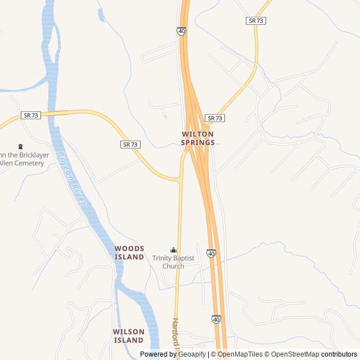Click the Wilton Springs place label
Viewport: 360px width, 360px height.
[x=197, y=138]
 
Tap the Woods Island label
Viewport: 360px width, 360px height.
[x=129, y=253]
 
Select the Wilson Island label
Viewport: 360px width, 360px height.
[x=129, y=336]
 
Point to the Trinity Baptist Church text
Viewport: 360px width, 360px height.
[x=173, y=262]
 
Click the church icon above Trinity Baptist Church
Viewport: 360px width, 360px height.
[x=173, y=250]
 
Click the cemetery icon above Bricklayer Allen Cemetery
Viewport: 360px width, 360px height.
[x=21, y=146]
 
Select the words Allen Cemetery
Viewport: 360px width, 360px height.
[x=22, y=163]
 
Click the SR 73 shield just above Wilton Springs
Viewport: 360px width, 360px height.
[x=215, y=118]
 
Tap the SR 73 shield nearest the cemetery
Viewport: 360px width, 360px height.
[x=31, y=115]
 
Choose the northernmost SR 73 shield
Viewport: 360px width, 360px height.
[x=256, y=21]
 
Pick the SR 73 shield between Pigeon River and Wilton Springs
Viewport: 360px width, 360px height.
[x=130, y=145]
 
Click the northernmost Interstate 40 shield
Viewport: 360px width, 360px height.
[x=181, y=31]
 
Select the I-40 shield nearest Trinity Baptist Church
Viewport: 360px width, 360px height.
[x=211, y=254]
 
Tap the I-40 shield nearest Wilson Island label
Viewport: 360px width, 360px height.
[x=216, y=319]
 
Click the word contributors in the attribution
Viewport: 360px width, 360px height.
[x=339, y=354]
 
